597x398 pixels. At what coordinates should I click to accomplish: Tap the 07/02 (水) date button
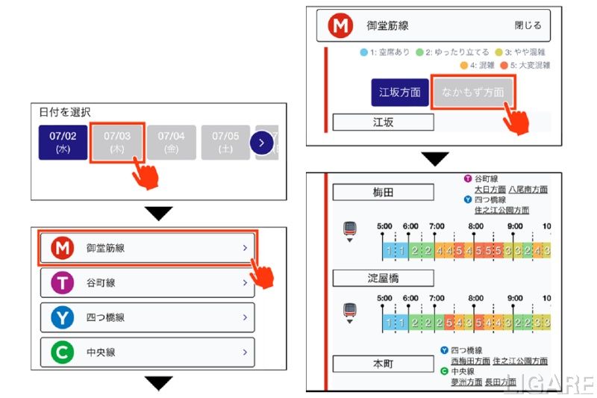coord(63,142)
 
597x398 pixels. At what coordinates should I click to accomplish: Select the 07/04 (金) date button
coord(171,142)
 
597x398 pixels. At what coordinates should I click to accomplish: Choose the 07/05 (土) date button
coord(225,142)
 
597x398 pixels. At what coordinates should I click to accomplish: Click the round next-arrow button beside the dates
coord(261,142)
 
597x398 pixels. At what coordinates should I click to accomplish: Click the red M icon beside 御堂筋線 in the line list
coord(63,248)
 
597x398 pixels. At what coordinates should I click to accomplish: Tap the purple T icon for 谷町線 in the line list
coord(63,283)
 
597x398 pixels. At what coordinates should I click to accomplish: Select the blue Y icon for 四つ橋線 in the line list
coord(63,317)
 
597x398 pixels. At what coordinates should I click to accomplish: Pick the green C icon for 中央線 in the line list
coord(63,352)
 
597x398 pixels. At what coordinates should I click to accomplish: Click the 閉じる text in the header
coord(528,25)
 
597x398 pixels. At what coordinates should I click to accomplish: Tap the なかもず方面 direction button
coord(472,93)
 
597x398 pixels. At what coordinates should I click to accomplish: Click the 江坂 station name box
coord(383,122)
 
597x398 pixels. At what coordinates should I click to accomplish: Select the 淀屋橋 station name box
coord(383,279)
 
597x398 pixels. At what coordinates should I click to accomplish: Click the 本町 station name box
coord(383,364)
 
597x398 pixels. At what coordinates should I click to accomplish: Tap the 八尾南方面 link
coord(528,190)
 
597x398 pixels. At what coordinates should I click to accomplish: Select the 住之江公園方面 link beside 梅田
coord(501,211)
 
